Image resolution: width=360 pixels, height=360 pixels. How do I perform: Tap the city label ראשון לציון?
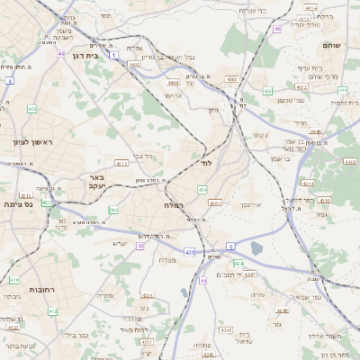[x=34, y=143]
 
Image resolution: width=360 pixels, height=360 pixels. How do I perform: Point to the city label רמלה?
[x=174, y=205]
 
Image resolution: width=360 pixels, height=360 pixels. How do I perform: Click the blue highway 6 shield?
[x=230, y=246]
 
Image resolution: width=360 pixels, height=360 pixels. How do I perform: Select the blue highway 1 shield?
[x=113, y=55]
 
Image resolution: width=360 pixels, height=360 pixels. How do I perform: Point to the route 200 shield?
[x=113, y=210]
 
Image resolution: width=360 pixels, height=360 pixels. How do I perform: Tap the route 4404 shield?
[x=173, y=83]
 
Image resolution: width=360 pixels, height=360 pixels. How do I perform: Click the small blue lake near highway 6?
[x=258, y=248]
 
